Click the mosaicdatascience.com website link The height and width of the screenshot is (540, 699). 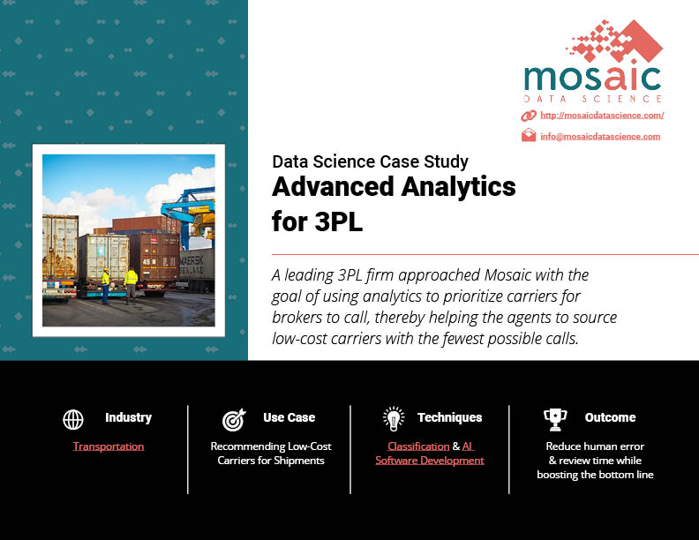point(602,116)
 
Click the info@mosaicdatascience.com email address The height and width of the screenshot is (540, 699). point(600,137)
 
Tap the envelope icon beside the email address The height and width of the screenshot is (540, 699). point(529,135)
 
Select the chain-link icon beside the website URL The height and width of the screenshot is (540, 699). point(529,116)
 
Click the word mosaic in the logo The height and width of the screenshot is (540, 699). point(592,79)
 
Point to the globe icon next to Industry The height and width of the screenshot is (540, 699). point(73,419)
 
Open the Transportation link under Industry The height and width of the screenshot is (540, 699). point(109,446)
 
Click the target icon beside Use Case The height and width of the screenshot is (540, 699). point(234,420)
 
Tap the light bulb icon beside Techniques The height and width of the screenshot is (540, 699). point(394,419)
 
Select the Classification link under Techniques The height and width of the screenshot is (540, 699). point(418,446)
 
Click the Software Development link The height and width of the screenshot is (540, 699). point(430,461)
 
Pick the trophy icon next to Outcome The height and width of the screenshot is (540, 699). point(555,420)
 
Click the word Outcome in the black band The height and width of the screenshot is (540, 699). point(610,417)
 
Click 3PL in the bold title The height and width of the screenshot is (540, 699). point(339,221)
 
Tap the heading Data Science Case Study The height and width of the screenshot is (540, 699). point(371,161)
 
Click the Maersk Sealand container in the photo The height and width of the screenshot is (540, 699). point(196,269)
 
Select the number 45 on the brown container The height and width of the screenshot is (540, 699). point(147,261)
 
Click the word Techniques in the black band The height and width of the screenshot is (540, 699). point(450,417)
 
